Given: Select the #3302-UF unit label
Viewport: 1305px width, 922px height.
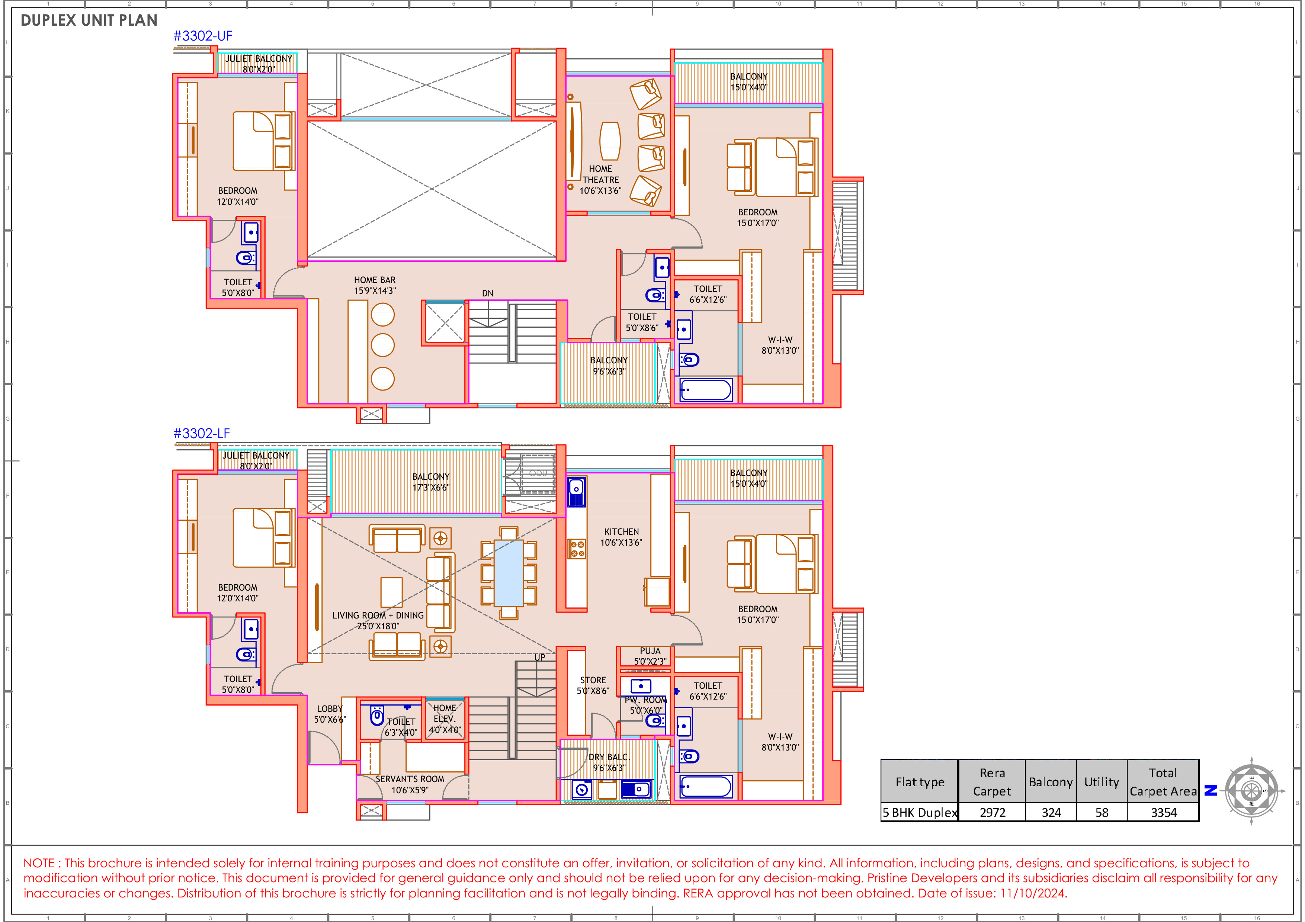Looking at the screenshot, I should click(x=203, y=36).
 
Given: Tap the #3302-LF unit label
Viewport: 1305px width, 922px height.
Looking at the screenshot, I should click(x=202, y=433).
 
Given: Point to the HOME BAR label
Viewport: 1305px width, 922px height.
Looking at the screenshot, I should click(x=375, y=285).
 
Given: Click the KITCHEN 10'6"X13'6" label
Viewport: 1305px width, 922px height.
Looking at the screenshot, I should click(x=621, y=537).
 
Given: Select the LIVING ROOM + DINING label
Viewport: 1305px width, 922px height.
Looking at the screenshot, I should click(x=378, y=620).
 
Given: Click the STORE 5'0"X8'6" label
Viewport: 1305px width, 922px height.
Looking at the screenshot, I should click(x=593, y=685).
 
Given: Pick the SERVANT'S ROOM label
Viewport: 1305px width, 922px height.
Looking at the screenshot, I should click(x=410, y=784).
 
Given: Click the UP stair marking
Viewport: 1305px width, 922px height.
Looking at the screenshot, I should click(x=539, y=657).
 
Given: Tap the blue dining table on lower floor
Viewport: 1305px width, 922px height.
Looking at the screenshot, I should click(x=509, y=573).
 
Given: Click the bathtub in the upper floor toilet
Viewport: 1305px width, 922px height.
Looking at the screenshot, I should click(x=706, y=390).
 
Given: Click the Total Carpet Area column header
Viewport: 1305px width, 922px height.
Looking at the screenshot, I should click(x=1163, y=782).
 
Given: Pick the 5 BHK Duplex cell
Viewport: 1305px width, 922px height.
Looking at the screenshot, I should click(x=919, y=812).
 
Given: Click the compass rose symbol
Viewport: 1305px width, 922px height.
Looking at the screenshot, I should click(x=1251, y=790).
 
